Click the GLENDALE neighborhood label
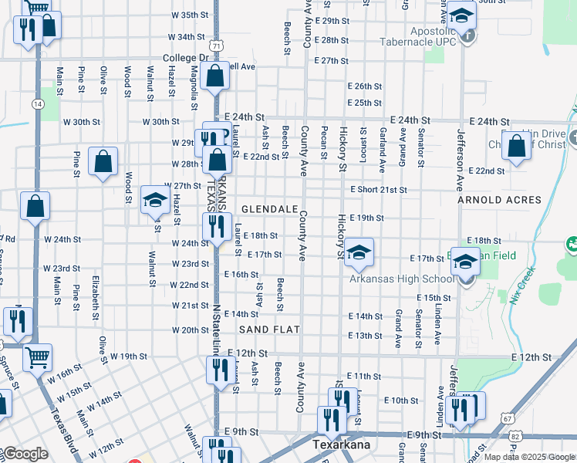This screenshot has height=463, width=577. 269,209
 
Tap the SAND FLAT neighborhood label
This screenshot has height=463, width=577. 268,330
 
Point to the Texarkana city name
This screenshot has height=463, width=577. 342,445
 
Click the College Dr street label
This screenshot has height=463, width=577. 186,58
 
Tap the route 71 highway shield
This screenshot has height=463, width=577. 219,47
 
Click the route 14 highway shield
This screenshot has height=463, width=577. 37,103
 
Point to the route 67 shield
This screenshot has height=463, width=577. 508,417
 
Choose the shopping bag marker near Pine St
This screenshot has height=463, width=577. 103,162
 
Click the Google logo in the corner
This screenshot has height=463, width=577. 25,454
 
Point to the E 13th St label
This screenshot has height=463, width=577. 365,336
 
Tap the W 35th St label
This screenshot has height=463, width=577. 190,15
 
